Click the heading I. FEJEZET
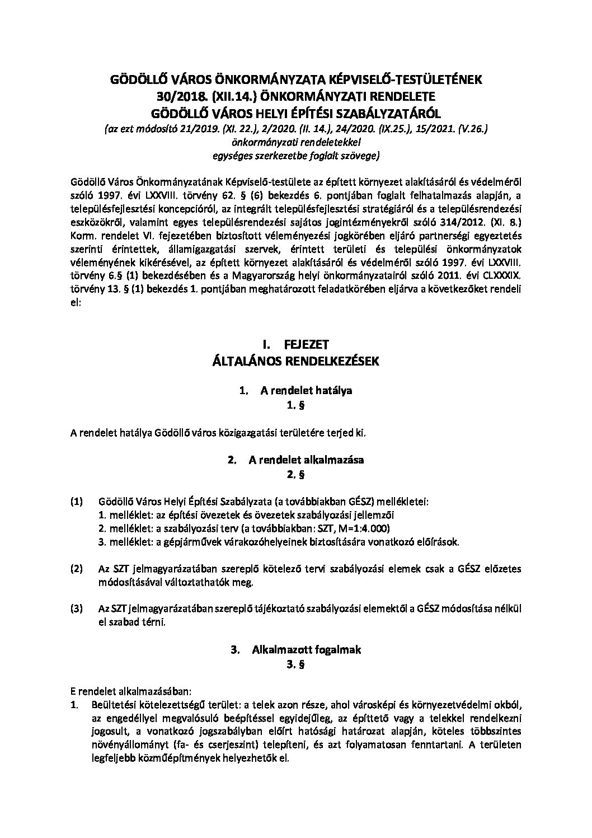(x=295, y=344)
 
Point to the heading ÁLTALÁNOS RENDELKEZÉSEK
(x=295, y=361)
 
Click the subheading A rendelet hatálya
(x=306, y=391)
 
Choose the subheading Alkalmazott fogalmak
(x=306, y=650)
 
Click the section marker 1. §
(x=295, y=406)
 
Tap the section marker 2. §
(x=295, y=475)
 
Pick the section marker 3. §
(x=295, y=665)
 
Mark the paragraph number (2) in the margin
(x=77, y=569)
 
